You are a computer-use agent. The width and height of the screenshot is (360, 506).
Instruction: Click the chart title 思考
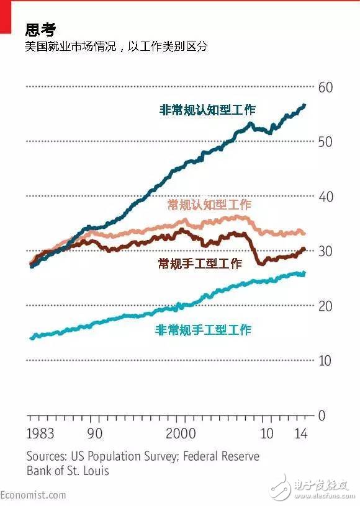[40, 29]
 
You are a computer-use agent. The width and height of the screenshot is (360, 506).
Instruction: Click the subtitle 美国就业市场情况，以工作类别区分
[116, 47]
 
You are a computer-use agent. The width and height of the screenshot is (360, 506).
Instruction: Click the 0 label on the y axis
[321, 415]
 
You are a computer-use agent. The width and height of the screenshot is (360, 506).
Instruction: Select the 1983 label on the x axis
[40, 433]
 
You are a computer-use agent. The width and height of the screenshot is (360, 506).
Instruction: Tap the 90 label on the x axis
[95, 433]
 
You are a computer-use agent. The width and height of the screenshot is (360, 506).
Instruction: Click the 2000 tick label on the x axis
[181, 433]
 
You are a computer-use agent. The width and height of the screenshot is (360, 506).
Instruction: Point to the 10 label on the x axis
[267, 433]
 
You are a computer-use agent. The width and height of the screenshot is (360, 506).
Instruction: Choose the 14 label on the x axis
[301, 433]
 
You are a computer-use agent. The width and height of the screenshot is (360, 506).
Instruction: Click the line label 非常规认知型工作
[207, 110]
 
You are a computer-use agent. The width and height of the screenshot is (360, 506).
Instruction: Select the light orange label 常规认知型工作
[209, 205]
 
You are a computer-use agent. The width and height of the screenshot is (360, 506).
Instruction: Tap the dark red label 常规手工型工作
[200, 264]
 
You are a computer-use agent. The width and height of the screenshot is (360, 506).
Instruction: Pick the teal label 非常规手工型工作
[203, 330]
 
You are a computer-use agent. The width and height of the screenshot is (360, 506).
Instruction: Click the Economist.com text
[33, 494]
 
